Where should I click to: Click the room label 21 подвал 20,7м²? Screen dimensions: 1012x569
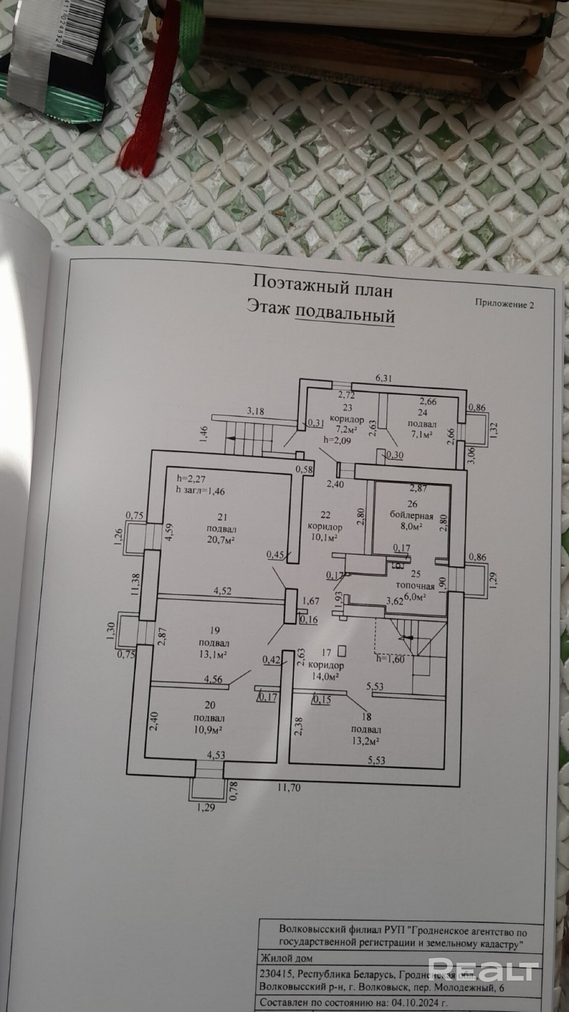[x=221, y=529]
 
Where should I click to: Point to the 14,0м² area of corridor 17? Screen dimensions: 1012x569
[x=326, y=676]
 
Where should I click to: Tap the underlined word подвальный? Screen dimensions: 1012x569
[x=344, y=316]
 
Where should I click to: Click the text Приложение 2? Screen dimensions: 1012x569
[x=504, y=304]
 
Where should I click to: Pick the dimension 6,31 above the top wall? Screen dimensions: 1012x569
[x=385, y=377]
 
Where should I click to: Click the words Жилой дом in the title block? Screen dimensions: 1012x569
[x=285, y=958]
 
